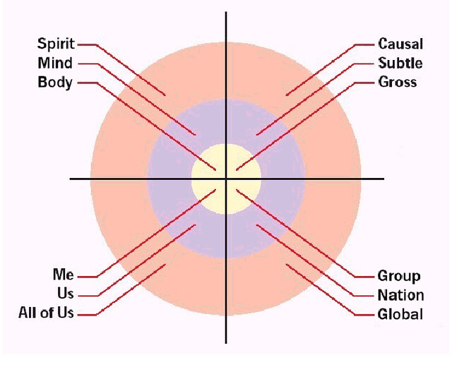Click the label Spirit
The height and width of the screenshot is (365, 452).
pyautogui.click(x=56, y=44)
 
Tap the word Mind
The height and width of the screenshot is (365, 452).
pyautogui.click(x=55, y=64)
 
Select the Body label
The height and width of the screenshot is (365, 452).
pyautogui.click(x=55, y=83)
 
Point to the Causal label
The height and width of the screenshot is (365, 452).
pyautogui.click(x=400, y=44)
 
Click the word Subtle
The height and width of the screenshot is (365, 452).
pyautogui.click(x=400, y=64)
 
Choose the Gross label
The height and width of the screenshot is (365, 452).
pyautogui.click(x=398, y=83)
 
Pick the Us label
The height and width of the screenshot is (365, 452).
pyautogui.click(x=65, y=294)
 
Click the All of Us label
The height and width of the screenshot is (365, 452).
pyautogui.click(x=46, y=313)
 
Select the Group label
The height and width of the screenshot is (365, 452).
pyautogui.click(x=399, y=275)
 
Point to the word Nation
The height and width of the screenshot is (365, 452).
pyautogui.click(x=400, y=294)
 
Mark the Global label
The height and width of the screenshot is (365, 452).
pyautogui.click(x=400, y=313)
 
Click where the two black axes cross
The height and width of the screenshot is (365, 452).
pyautogui.click(x=226, y=179)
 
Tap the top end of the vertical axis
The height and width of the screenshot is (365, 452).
pyautogui.click(x=226, y=13)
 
